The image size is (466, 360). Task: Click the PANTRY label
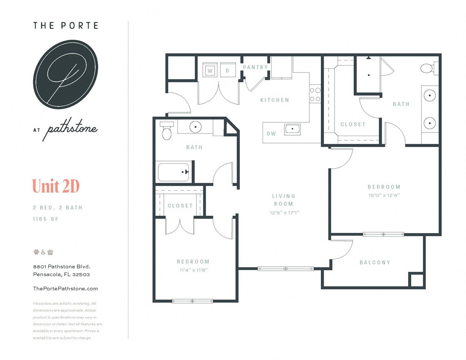click(x=255, y=67)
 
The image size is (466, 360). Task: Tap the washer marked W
click(x=210, y=71)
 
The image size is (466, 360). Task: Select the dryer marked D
click(x=227, y=71)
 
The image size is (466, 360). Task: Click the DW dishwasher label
click(x=272, y=134)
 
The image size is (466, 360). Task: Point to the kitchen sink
click(x=292, y=129)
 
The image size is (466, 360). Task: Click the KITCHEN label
click(x=274, y=100)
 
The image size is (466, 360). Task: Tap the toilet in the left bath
click(x=167, y=132)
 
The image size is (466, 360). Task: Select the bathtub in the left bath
click(x=173, y=172)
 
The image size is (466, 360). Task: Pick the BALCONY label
click(x=375, y=263)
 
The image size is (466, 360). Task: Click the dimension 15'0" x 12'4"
click(x=384, y=195)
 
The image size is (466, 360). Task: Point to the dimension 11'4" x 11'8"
click(x=193, y=270)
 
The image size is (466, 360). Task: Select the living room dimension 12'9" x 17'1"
click(x=284, y=213)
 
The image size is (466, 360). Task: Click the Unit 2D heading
click(x=56, y=186)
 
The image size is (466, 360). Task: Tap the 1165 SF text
click(x=46, y=219)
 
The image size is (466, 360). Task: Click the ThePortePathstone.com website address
click(x=66, y=289)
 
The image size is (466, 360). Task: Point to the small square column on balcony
click(x=416, y=279)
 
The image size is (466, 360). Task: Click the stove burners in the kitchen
click(x=315, y=94)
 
